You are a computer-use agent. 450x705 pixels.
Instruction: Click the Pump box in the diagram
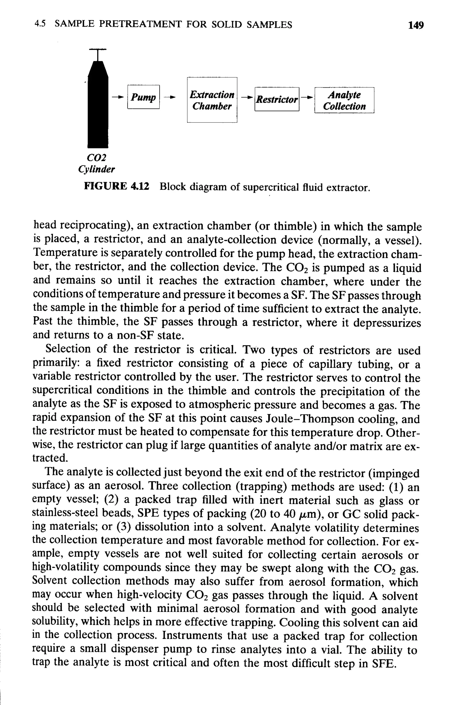(143, 97)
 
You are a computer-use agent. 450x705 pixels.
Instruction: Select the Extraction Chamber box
(212, 100)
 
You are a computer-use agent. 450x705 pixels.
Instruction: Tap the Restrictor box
(277, 99)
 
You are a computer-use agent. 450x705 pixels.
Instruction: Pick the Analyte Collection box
(344, 100)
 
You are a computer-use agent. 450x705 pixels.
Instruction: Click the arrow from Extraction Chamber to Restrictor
(246, 98)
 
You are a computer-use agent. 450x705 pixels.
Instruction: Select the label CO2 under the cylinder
(96, 158)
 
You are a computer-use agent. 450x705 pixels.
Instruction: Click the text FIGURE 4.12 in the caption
(116, 186)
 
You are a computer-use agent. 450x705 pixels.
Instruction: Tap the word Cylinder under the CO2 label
(96, 169)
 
